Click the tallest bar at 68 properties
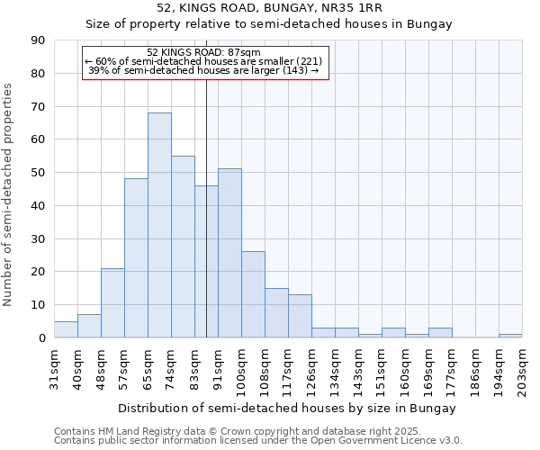(159, 225)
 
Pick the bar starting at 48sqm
(112, 302)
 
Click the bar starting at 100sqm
(253, 294)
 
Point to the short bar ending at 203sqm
(510, 336)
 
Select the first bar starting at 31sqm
(66, 329)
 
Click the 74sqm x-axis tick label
(172, 364)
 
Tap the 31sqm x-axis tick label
(55, 364)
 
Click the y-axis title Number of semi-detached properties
(8, 193)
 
